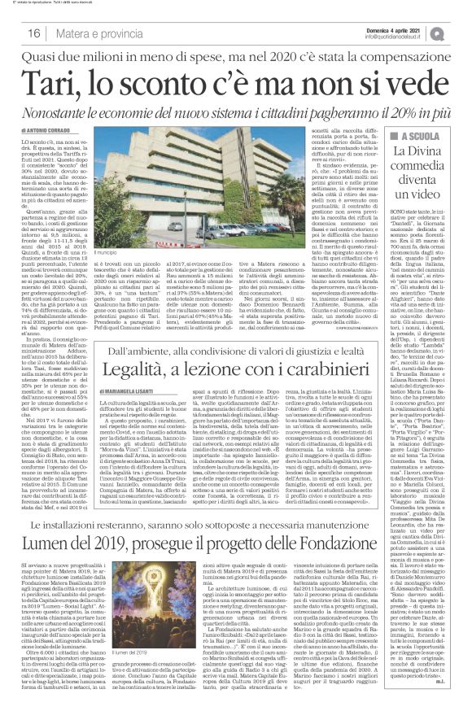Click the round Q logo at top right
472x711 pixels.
(461, 31)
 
